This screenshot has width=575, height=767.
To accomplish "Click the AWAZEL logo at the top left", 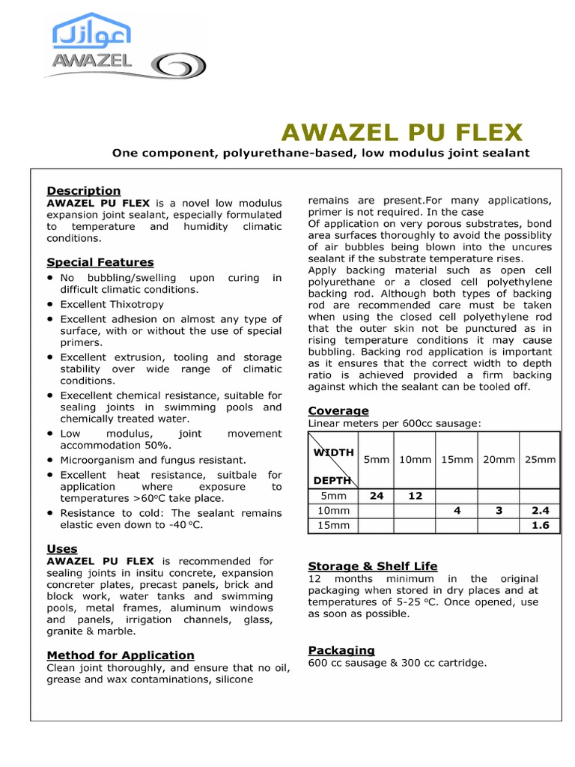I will [x=91, y=45].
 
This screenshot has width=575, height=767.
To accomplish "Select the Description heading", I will [x=83, y=190].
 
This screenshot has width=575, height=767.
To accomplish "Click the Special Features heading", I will [x=100, y=262].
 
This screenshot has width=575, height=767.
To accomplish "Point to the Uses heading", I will [x=62, y=549].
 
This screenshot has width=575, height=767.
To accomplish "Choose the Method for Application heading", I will [x=121, y=655].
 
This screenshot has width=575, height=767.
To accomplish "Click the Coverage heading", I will [x=338, y=410].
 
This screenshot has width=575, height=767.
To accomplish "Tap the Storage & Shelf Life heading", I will [x=373, y=566].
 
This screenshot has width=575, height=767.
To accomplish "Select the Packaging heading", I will [x=341, y=650].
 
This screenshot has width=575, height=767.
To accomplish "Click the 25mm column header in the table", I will [x=541, y=459].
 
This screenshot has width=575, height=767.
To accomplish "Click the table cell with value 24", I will [x=377, y=495].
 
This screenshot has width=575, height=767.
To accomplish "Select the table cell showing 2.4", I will [x=541, y=510].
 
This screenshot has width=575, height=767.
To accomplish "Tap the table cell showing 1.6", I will [x=541, y=525].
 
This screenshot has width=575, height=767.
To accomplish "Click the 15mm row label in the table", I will [x=335, y=525].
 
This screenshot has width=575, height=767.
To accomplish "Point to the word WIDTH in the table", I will [x=333, y=452].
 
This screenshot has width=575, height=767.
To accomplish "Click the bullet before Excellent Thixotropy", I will [x=50, y=305].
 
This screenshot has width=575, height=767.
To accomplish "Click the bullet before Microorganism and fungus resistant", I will [x=50, y=460].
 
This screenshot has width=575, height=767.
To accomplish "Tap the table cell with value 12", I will [x=416, y=495].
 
